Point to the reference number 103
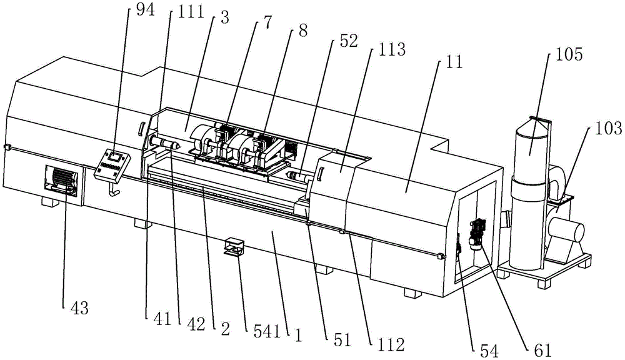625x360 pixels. [608, 129]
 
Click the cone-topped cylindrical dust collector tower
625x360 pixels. [531, 194]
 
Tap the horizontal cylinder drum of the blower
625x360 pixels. [569, 231]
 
